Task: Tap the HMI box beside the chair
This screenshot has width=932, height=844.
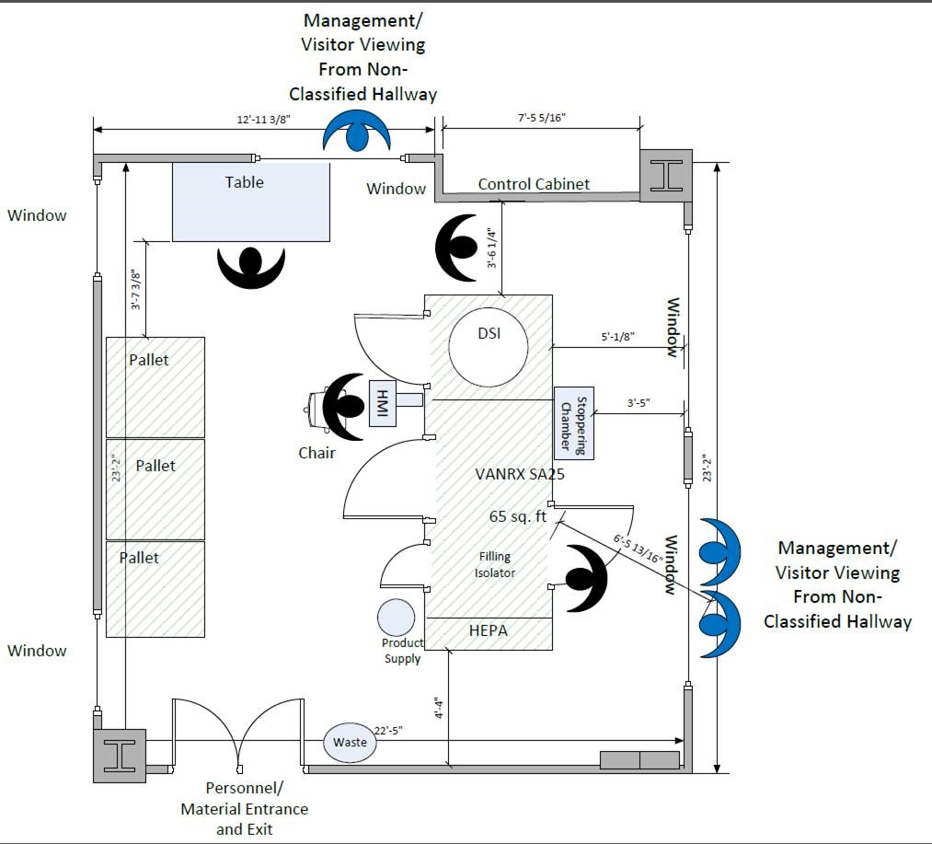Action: pos(382,402)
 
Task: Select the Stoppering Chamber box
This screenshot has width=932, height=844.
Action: pos(574,423)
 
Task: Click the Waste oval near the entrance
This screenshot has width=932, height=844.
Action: pos(351,742)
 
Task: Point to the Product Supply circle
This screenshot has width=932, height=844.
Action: pos(396,618)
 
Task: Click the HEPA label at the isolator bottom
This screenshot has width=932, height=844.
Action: pos(488,630)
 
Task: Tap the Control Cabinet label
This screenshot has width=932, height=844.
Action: pos(534,184)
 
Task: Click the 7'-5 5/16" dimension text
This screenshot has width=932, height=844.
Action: pos(541,118)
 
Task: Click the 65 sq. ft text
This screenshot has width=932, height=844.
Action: pos(518,516)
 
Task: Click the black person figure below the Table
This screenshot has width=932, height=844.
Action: pos(250,264)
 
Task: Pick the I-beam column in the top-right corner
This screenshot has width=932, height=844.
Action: pos(667,175)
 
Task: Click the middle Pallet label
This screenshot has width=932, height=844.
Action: pos(155,466)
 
